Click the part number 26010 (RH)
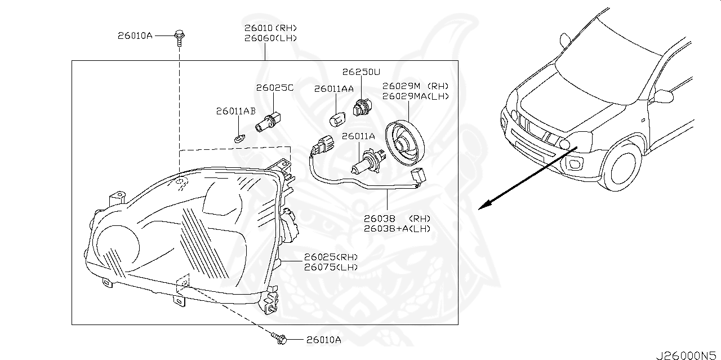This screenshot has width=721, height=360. tap(270, 28)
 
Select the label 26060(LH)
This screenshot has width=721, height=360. tap(270, 38)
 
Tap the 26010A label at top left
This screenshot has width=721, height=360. tap(135, 36)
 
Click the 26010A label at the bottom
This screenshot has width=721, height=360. tap(324, 340)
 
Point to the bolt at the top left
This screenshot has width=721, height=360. tap(179, 37)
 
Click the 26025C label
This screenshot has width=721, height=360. tap(275, 88)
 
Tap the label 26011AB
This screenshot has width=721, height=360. tap(235, 112)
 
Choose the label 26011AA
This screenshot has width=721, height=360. tap(334, 88)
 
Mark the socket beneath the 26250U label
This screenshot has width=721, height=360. tap(360, 107)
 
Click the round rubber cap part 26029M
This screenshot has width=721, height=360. tap(404, 143)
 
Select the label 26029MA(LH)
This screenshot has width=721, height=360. tap(416, 96)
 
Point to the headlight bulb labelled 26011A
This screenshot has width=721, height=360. tap(367, 162)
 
